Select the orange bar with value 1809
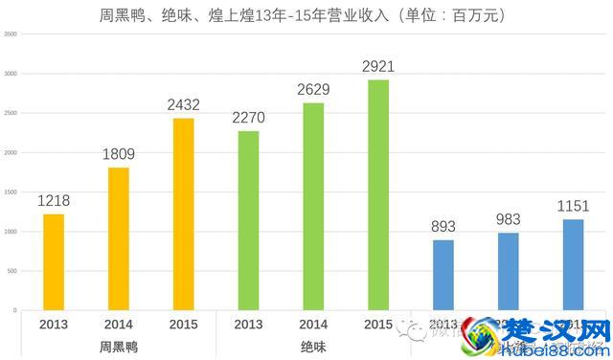[119, 238]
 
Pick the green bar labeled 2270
[248, 220]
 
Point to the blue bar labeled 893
[443, 275]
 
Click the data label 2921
[377, 66]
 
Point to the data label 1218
[54, 201]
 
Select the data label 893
[443, 227]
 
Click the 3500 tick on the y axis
[11, 34]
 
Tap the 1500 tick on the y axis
[11, 192]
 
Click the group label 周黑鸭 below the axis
[119, 347]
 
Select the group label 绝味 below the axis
[313, 347]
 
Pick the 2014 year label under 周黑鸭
[119, 324]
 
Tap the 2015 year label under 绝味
[377, 324]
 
